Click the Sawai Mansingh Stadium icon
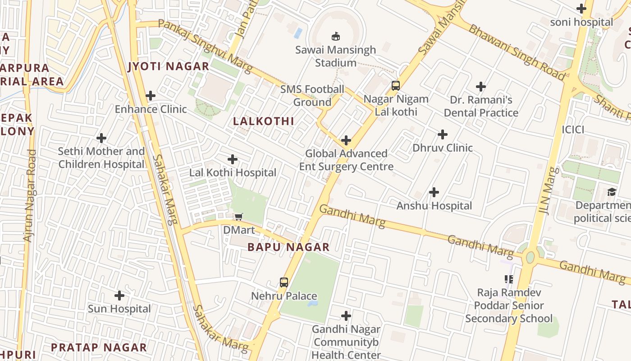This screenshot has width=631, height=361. [x=335, y=36]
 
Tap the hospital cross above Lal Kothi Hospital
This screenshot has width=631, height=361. [x=233, y=159]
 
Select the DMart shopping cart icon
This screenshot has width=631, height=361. [x=238, y=217]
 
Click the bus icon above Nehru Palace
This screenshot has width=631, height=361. [x=283, y=282]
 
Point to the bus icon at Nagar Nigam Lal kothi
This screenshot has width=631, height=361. [x=395, y=85]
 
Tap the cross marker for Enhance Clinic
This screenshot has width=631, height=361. [x=151, y=96]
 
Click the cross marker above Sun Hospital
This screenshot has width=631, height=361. [x=119, y=296]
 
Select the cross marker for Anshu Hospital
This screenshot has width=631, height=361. [x=434, y=193]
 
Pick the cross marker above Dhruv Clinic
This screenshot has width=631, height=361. [x=443, y=134]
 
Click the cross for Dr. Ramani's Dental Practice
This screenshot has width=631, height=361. [x=481, y=87]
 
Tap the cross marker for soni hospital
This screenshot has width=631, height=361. [x=581, y=9]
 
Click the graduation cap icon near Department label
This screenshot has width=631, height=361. [x=611, y=192]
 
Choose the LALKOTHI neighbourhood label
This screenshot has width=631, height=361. [x=264, y=121]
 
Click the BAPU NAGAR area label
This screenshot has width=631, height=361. [x=288, y=247]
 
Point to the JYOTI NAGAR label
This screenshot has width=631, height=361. [x=169, y=66]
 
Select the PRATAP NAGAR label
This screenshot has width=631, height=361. [x=99, y=347]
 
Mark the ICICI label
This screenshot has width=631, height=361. [x=573, y=130]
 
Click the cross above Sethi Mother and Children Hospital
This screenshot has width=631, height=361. [x=102, y=138]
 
